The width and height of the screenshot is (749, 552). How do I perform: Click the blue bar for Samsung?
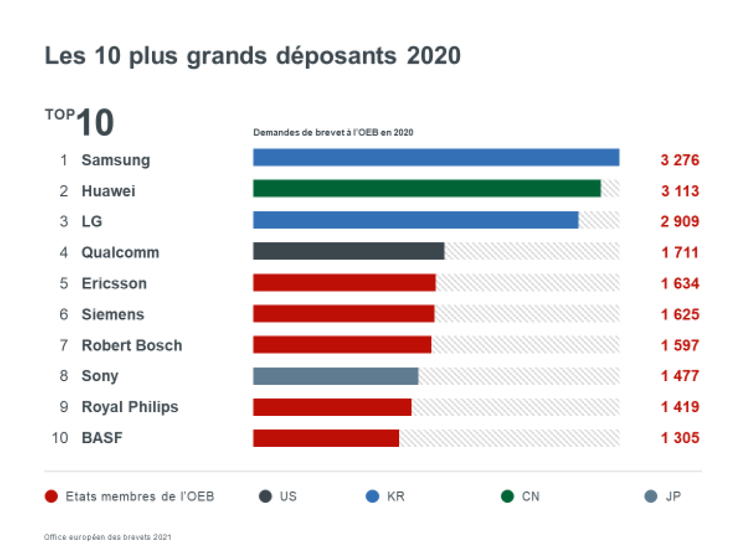tap(436, 157)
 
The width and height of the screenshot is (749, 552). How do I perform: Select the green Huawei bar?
tap(427, 188)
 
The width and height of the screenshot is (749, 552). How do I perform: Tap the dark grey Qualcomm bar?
tap(349, 251)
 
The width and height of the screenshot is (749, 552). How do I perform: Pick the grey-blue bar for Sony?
tap(335, 376)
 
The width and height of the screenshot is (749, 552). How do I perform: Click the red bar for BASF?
tap(326, 438)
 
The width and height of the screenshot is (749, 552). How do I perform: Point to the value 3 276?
tap(680, 160)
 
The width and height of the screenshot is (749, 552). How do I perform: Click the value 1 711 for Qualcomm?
tap(680, 253)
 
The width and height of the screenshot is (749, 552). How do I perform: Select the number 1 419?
tap(680, 407)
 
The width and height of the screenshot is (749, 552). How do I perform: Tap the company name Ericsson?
tap(114, 284)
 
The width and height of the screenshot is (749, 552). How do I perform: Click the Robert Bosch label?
tap(131, 346)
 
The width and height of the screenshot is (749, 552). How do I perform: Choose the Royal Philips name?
tap(130, 407)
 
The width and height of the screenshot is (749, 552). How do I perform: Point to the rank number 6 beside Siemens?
tap(64, 315)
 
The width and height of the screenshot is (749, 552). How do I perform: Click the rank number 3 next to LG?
tap(64, 222)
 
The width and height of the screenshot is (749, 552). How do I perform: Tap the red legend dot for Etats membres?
tap(51, 497)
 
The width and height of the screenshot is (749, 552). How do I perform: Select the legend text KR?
tap(395, 497)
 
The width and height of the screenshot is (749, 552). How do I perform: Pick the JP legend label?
tap(673, 497)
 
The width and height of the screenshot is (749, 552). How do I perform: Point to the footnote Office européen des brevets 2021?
tap(108, 537)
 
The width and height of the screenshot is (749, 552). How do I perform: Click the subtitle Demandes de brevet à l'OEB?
tap(333, 133)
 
